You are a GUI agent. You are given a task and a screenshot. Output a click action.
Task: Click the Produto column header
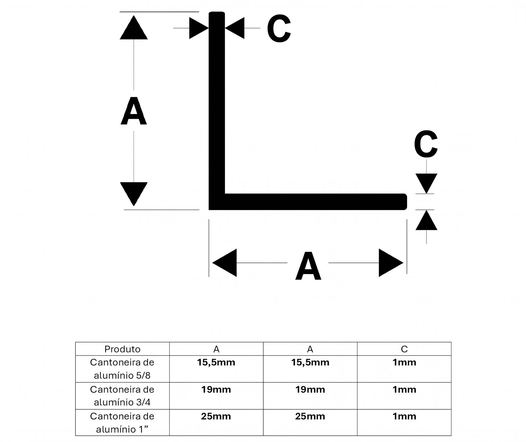point(122,349)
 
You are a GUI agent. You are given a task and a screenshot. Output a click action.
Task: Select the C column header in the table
point(404,349)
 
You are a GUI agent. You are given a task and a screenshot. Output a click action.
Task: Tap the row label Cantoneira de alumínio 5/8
point(122,369)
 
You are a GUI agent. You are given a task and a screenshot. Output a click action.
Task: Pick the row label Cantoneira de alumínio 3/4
point(122,396)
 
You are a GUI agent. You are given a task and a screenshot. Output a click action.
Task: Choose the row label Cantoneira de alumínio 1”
point(122,423)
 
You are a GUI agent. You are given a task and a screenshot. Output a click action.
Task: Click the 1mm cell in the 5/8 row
point(404,363)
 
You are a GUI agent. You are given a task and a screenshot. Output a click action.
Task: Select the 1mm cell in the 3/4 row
point(404,390)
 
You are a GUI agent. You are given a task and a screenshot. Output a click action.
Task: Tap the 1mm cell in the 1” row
point(404,416)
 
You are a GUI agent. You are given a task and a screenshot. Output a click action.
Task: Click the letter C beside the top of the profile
point(279,29)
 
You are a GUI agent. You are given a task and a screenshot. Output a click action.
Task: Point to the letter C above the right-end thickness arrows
point(426,144)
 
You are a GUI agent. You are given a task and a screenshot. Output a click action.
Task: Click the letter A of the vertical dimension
point(133,111)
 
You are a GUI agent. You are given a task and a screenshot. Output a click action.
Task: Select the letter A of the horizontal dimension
point(308,266)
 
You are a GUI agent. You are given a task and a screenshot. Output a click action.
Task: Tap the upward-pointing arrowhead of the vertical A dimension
point(133,27)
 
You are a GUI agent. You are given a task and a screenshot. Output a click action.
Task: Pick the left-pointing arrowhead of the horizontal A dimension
point(225,263)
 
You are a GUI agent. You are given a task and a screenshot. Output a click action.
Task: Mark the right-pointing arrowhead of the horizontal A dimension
point(391,263)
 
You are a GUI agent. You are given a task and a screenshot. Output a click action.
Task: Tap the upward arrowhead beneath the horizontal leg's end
point(426,220)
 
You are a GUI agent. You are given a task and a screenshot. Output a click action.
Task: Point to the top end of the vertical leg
point(217,13)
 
